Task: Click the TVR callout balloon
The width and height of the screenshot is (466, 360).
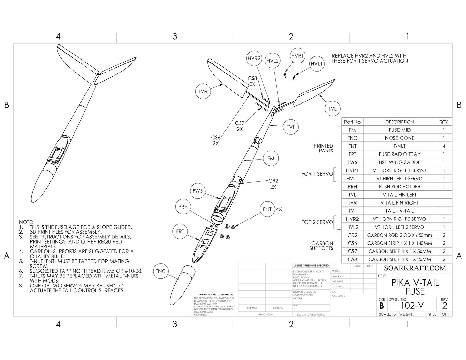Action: pos(203,92)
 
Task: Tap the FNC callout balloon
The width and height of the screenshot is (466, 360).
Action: pos(160,271)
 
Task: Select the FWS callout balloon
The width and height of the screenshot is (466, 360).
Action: pos(197,191)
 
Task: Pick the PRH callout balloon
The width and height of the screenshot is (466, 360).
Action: pos(183,207)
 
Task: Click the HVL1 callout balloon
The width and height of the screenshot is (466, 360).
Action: pos(316,64)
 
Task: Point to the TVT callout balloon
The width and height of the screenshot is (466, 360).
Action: pos(291,127)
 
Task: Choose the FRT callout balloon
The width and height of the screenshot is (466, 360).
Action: pos(180,231)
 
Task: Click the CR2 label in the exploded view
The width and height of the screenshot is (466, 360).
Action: pos(273,181)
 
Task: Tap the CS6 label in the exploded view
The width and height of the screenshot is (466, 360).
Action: pos(216,138)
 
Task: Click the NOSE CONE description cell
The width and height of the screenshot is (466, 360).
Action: pos(400,138)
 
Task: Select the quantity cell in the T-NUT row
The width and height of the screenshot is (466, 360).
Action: pos(444,146)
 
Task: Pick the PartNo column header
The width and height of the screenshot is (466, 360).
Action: pos(352,122)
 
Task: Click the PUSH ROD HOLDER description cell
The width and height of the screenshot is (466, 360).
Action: pos(400,187)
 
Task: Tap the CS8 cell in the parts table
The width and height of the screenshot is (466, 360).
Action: pos(352,259)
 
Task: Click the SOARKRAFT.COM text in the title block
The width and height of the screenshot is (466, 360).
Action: pos(415,268)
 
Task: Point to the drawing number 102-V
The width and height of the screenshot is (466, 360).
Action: pos(412,306)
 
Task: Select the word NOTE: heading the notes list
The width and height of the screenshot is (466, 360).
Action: pos(26,222)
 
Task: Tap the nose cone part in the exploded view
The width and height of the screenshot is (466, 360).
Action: pos(182,285)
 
